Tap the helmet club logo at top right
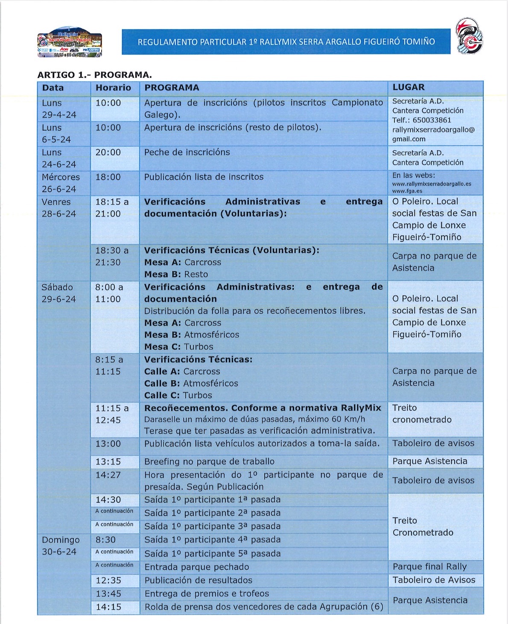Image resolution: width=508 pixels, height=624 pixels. [468, 36]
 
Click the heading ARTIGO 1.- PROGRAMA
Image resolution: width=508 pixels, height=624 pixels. [94, 75]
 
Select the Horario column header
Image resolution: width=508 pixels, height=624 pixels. [113, 88]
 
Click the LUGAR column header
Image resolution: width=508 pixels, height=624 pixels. [408, 87]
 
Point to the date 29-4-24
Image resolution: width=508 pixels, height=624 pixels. [59, 115]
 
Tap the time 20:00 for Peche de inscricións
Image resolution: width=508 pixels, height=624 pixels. [108, 152]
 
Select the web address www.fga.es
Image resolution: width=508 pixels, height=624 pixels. [407, 191]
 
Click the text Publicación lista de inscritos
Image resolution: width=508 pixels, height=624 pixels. [204, 177]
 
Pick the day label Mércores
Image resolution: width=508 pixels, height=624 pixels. [61, 177]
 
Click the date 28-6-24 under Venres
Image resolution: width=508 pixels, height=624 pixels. [59, 214]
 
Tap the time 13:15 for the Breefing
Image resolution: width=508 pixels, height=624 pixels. [108, 462]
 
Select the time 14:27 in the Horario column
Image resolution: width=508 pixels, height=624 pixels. [108, 475]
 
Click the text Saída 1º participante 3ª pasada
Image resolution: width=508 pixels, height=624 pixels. [212, 527]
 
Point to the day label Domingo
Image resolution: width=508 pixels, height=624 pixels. [61, 540]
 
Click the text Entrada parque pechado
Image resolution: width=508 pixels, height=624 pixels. [196, 567]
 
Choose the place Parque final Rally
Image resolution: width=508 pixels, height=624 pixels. [429, 567]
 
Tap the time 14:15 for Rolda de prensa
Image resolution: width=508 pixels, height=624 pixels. [108, 607]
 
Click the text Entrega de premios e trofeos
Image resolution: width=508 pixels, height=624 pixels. [207, 594]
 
